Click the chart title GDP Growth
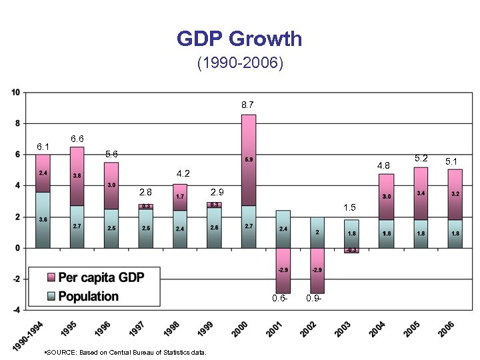pos(239,39)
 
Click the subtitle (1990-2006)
pos(240,64)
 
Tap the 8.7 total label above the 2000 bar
pos(247,105)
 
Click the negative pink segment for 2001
pos(283,270)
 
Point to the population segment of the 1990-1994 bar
pos(43,220)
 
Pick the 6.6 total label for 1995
pos(77,139)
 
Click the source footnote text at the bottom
pos(125,352)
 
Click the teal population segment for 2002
pos(317,232)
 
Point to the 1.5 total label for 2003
pos(350,207)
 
